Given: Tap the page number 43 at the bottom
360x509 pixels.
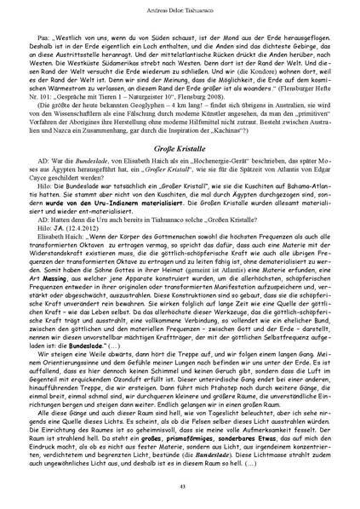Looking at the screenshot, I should click(x=180, y=485).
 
